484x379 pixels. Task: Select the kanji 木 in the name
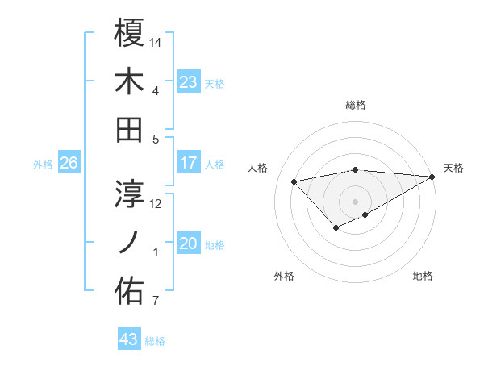click(129, 81)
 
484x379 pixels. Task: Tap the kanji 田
click(129, 129)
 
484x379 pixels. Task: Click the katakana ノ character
click(129, 243)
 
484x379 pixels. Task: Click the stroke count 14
click(156, 42)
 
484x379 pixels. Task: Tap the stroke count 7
click(155, 302)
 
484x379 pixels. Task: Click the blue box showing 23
click(188, 81)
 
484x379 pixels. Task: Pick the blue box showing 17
click(188, 163)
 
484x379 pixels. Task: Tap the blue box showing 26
click(69, 163)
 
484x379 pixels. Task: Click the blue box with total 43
click(129, 339)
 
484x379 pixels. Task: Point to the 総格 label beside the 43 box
click(155, 341)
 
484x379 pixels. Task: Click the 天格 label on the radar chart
click(453, 168)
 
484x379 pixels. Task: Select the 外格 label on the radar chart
click(284, 276)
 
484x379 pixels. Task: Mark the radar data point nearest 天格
click(432, 177)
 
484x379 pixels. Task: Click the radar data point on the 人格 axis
click(294, 181)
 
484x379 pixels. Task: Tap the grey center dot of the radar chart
click(355, 200)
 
